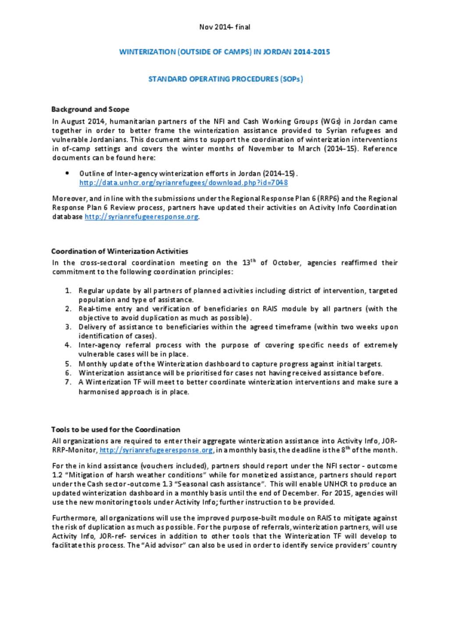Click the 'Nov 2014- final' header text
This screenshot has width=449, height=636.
coord(224,27)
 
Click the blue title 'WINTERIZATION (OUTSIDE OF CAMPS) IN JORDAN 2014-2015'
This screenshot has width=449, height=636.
coord(224,52)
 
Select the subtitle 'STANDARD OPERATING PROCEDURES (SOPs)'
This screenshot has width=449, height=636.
coord(225,79)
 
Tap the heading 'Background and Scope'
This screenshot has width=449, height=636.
coord(90,109)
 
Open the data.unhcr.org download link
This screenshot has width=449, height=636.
coord(183,183)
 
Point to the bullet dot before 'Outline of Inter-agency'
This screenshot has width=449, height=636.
coord(67,173)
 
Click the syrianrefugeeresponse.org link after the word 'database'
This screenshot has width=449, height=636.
coord(141,217)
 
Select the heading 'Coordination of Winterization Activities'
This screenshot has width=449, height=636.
coord(119,252)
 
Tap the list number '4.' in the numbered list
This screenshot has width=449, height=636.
coord(68,345)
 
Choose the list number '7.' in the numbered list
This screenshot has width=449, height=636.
coord(68,382)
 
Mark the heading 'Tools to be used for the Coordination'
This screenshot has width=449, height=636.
coord(115,430)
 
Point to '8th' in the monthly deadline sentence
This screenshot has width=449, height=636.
coord(345,450)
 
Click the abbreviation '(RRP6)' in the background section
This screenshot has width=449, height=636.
coord(328,199)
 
